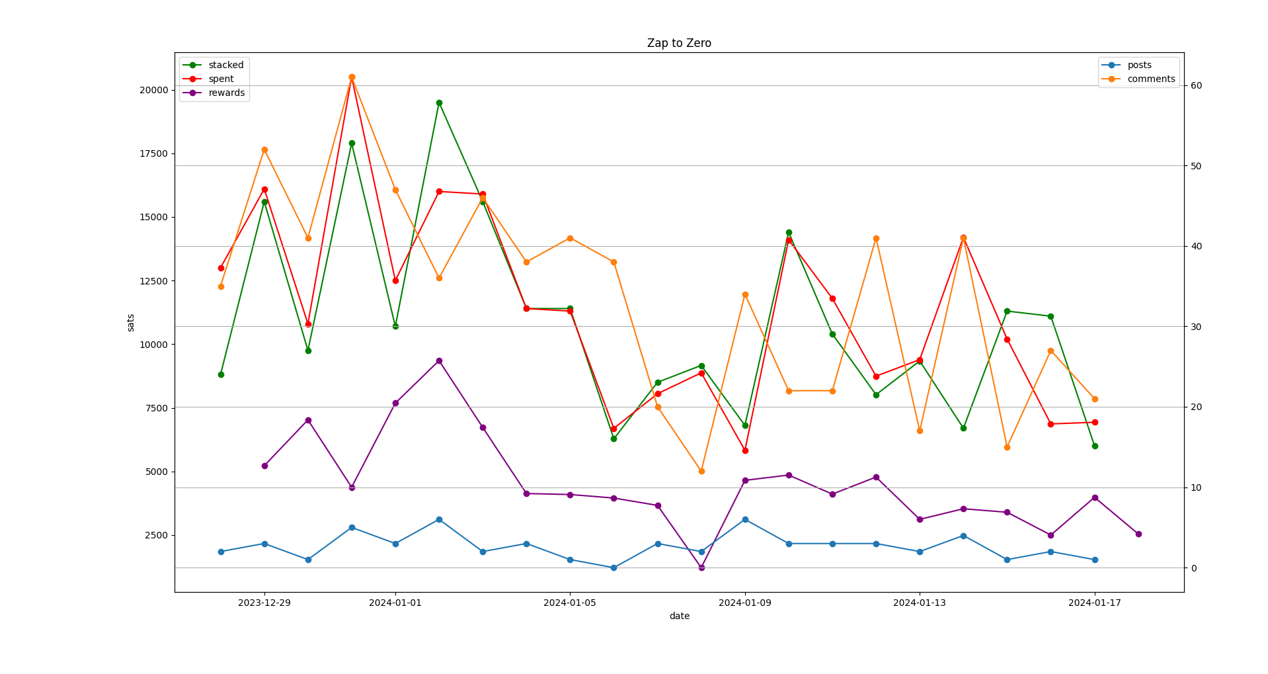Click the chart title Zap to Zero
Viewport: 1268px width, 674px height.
679,43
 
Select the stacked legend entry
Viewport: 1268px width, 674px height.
225,65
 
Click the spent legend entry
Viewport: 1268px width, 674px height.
221,79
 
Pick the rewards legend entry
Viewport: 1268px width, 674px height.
226,93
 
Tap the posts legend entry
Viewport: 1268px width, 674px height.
1139,65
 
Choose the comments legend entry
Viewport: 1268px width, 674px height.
1151,79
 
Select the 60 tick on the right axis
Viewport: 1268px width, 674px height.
1196,85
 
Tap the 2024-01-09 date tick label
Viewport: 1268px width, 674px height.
745,603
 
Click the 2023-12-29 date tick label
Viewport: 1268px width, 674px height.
264,603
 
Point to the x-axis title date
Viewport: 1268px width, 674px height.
679,616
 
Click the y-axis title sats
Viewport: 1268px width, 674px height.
131,322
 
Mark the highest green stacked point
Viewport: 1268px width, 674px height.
439,103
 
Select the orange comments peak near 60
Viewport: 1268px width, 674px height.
352,77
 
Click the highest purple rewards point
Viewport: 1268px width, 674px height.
439,360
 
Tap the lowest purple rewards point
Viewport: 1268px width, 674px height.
701,568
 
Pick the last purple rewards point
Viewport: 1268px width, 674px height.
1138,534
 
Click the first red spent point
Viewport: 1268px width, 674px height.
221,268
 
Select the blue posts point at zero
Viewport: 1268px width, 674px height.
614,568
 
